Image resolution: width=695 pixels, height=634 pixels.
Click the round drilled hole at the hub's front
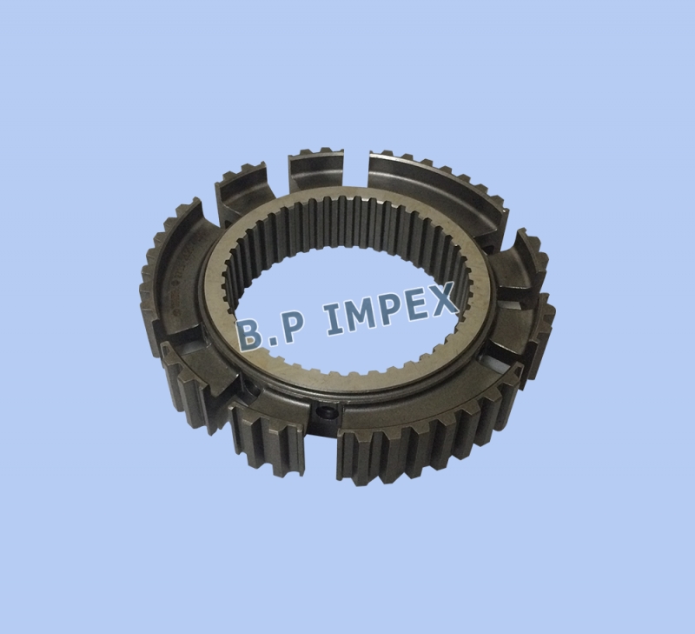[326, 412]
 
